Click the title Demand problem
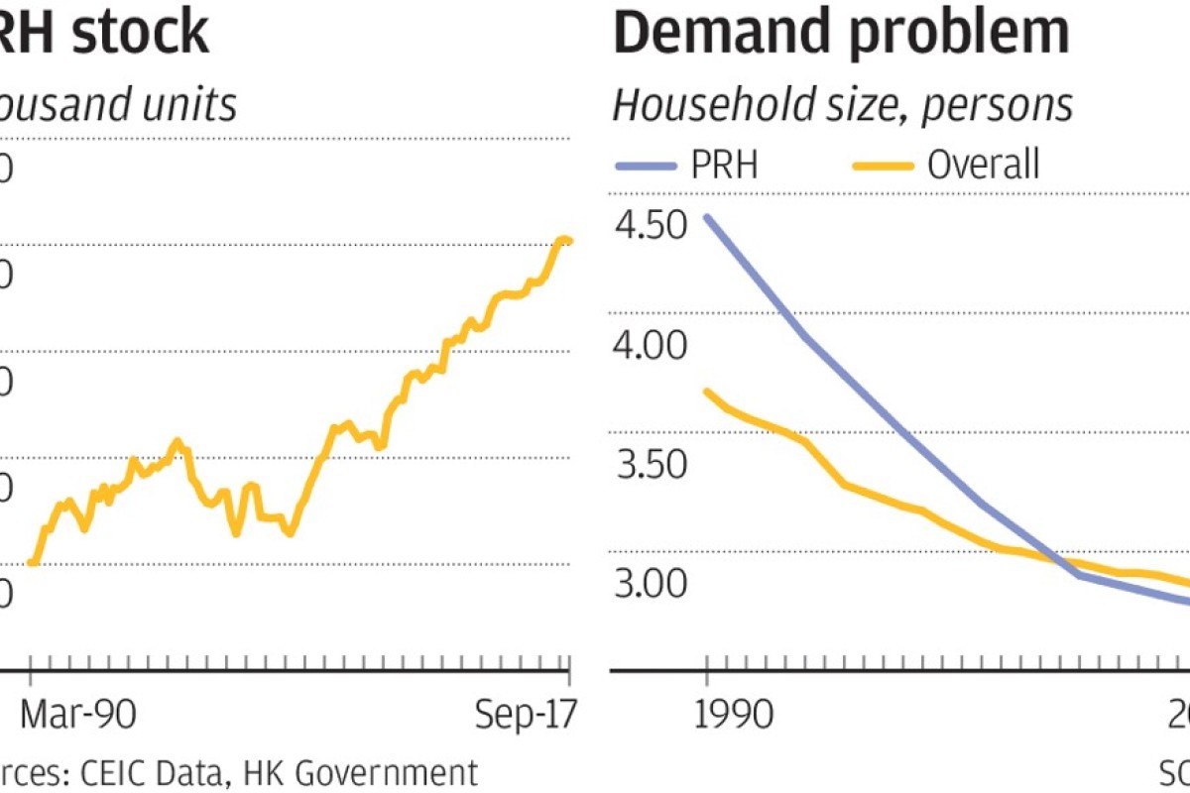(842, 32)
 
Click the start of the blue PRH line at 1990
(706, 215)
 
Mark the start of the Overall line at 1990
(706, 391)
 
